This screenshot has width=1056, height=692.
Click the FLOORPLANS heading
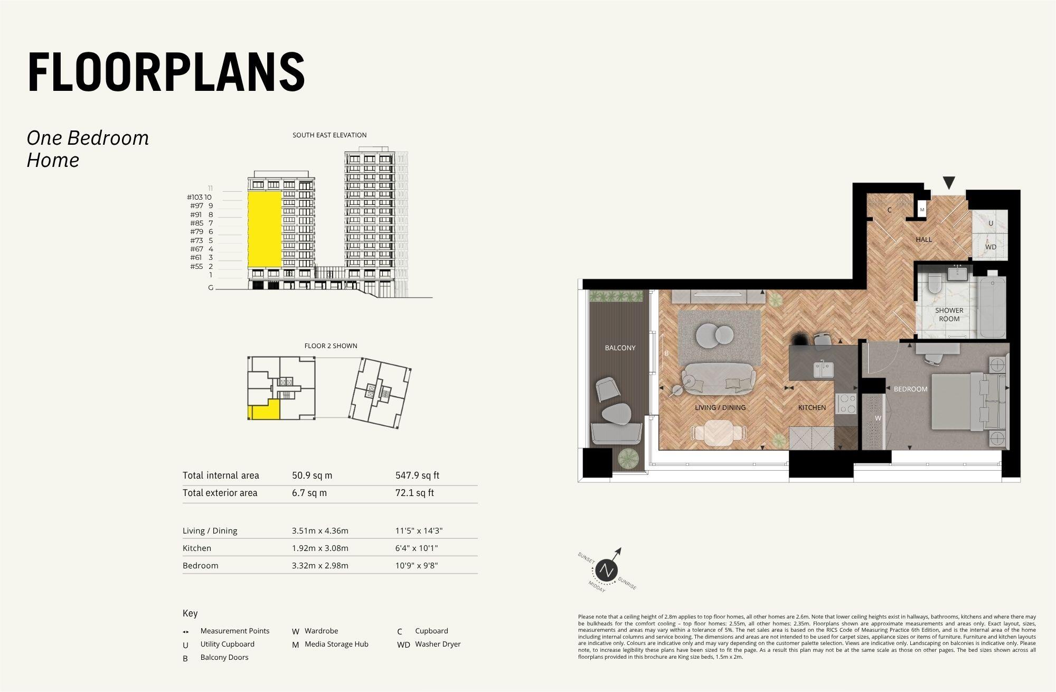point(166,72)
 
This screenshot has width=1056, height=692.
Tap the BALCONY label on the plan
point(620,348)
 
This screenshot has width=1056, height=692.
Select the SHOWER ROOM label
point(949,314)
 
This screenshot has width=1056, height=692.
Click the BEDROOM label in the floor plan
point(910,389)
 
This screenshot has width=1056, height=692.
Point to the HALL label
point(923,239)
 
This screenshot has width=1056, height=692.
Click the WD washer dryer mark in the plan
point(991,247)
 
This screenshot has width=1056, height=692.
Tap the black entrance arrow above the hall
point(949,183)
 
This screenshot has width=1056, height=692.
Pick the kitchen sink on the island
point(823,368)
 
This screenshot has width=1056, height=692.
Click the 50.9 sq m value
point(312,475)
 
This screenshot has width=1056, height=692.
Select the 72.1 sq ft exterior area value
point(414,493)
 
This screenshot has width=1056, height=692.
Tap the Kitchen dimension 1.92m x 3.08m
point(320,548)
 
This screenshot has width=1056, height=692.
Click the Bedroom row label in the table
point(200,566)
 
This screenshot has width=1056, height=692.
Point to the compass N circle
point(606,571)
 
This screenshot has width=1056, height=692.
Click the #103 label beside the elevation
point(195,197)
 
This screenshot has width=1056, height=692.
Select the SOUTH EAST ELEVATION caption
point(329,135)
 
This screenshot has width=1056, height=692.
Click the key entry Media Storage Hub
point(336,644)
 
